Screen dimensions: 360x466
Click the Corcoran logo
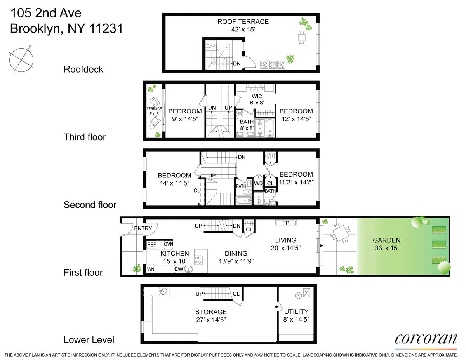[x=426, y=339]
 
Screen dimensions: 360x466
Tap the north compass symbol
[x=21, y=59]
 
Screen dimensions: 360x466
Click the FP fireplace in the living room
[x=285, y=223]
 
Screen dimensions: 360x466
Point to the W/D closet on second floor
[x=259, y=183]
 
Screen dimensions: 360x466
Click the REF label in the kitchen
[x=151, y=244]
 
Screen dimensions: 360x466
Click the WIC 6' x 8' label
[x=257, y=100]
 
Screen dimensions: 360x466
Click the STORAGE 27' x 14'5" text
[x=211, y=315]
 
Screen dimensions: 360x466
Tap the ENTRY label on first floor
[x=143, y=228]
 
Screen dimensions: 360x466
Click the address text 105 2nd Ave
[x=45, y=13]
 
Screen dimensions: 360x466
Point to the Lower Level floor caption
[x=89, y=340]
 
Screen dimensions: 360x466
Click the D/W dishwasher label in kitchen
[x=179, y=269]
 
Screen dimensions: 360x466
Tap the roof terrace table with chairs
[x=302, y=37]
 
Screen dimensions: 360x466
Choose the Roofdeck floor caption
[x=83, y=69]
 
